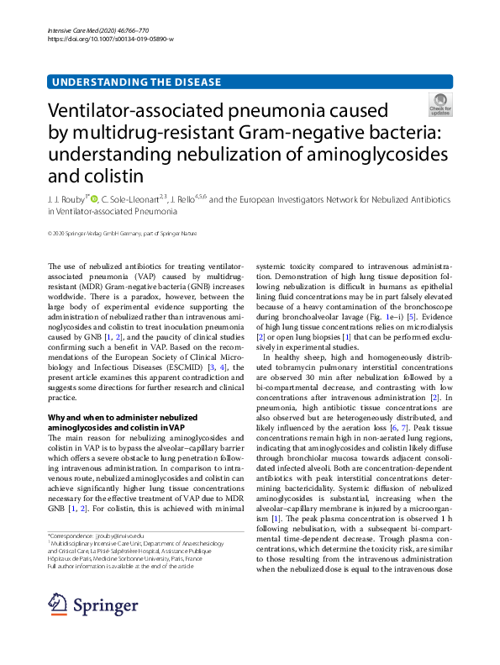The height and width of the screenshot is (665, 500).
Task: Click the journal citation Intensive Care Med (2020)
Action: click(x=92, y=30)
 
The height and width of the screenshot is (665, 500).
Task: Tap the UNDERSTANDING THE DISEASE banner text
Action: click(x=136, y=82)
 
